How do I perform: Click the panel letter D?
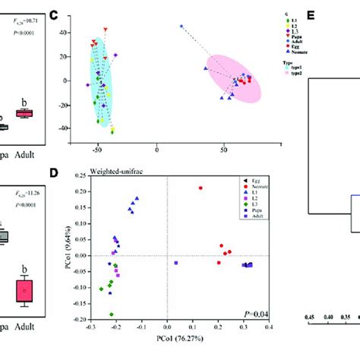(74, 172)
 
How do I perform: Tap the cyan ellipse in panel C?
(100, 80)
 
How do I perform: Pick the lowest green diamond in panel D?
(112, 314)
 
